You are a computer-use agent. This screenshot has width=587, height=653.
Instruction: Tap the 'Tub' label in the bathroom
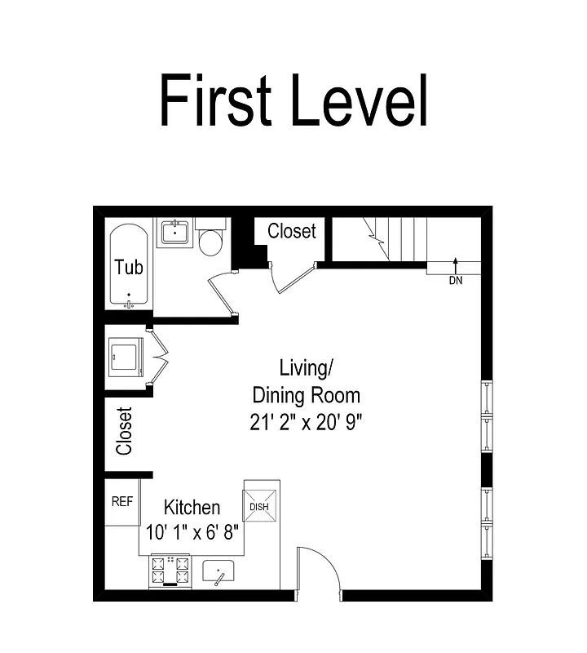pyautogui.click(x=129, y=267)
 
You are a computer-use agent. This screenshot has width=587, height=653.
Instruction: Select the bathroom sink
pyautogui.click(x=174, y=233)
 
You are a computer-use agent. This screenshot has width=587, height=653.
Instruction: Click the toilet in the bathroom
pyautogui.click(x=211, y=239)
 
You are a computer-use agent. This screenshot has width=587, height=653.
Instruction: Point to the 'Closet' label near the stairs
pyautogui.click(x=291, y=231)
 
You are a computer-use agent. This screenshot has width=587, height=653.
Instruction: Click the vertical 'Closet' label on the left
pyautogui.click(x=124, y=431)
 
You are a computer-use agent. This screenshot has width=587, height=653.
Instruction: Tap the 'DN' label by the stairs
pyautogui.click(x=455, y=281)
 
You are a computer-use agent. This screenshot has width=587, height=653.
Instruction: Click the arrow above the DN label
pyautogui.click(x=455, y=264)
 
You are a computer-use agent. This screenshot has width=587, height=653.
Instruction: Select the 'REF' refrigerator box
pyautogui.click(x=121, y=502)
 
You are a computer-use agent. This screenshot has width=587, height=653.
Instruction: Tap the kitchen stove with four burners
pyautogui.click(x=170, y=571)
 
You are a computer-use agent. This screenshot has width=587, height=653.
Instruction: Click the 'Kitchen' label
pyautogui.click(x=192, y=507)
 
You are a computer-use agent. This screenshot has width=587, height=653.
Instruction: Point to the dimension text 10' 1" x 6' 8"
pyautogui.click(x=192, y=531)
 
